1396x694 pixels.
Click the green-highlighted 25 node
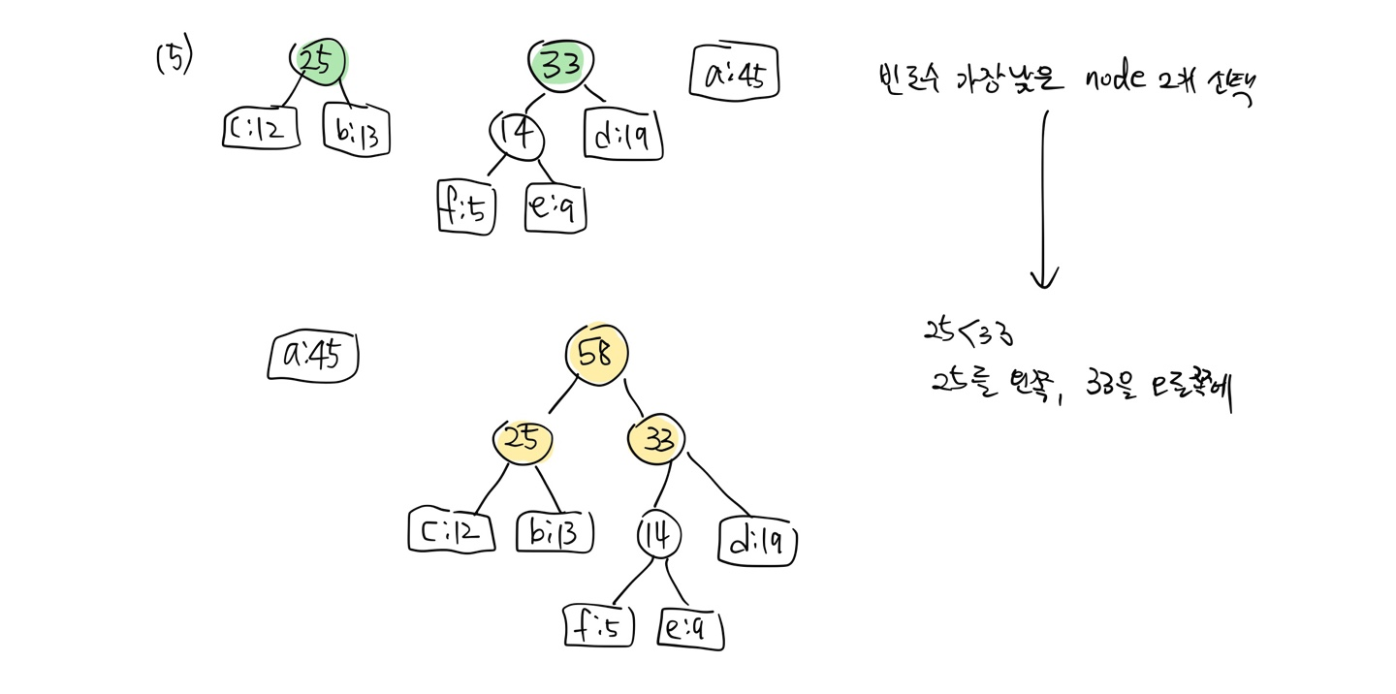point(317,61)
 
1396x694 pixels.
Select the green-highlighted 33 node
point(556,65)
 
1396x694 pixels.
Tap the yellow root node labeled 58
point(596,354)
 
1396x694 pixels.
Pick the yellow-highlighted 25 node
point(523,442)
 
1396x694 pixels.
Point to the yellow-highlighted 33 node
point(656,439)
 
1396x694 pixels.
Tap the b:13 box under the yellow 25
point(555,531)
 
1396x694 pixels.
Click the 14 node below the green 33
point(516,135)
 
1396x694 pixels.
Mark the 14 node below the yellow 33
point(659,534)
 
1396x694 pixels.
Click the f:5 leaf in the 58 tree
point(598,627)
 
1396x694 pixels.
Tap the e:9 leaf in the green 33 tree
point(556,207)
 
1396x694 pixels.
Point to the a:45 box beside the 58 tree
point(313,356)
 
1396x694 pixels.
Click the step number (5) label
point(174,58)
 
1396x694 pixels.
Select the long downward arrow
point(1044,199)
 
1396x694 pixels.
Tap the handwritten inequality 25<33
point(967,331)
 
